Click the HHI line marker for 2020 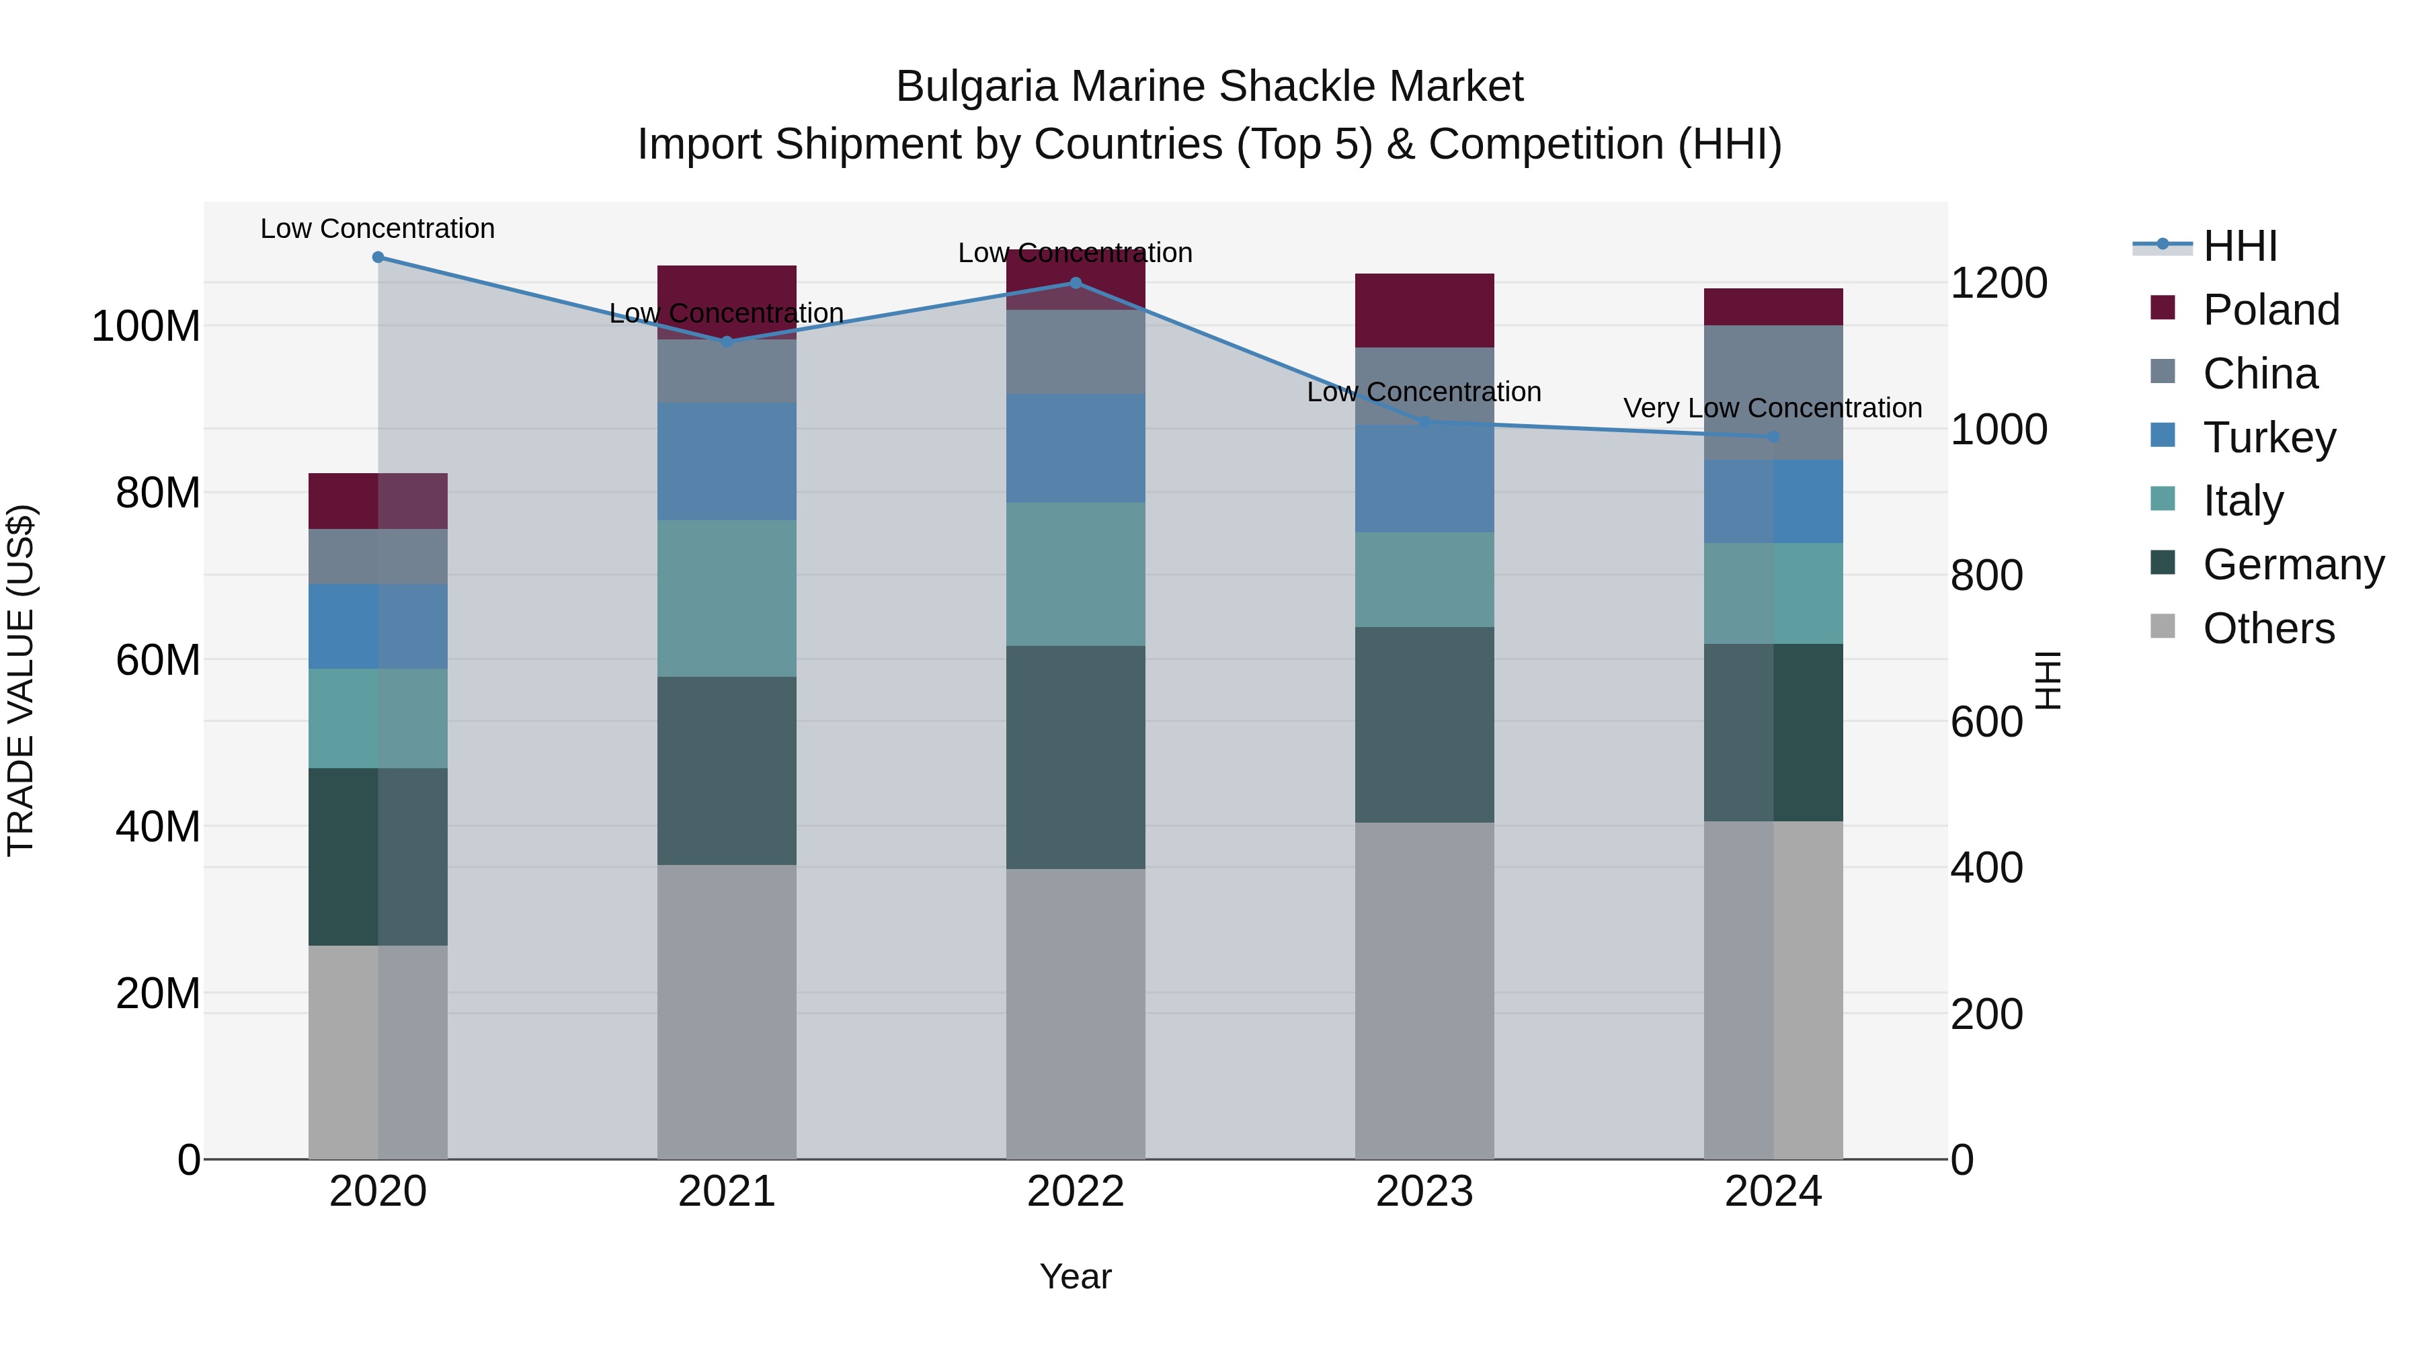click(x=378, y=257)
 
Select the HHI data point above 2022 click(x=1076, y=283)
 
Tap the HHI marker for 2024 click(x=1773, y=437)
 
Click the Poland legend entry click(x=2269, y=310)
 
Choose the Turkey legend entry click(x=2268, y=438)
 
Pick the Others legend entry click(x=2268, y=628)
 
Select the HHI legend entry click(x=2240, y=246)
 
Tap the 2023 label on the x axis click(x=1424, y=1192)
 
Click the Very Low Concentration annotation click(x=1772, y=409)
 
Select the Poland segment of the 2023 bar click(x=1424, y=311)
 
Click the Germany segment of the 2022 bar click(x=1076, y=757)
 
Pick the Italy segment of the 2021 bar click(x=726, y=598)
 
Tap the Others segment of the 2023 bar click(x=1424, y=991)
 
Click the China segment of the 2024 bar click(x=1773, y=393)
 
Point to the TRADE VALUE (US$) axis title click(x=21, y=680)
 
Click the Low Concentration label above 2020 click(x=378, y=229)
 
